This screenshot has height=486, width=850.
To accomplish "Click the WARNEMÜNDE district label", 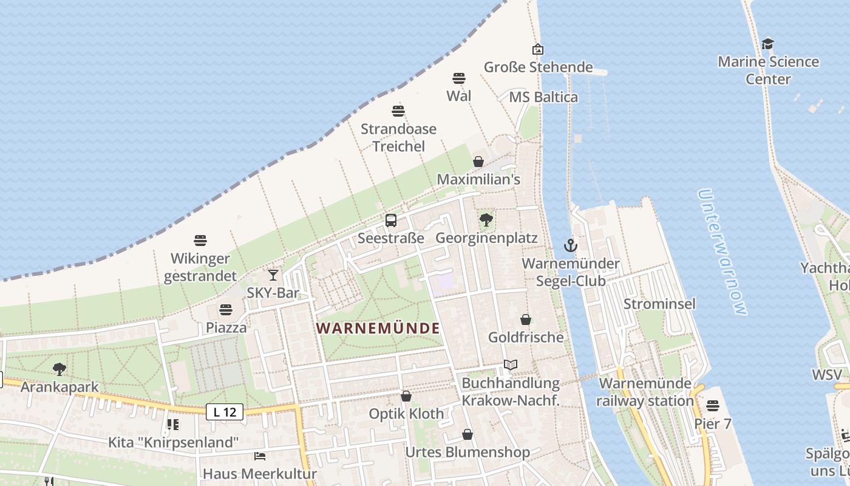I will (378, 329).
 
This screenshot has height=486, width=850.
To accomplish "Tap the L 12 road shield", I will (225, 412).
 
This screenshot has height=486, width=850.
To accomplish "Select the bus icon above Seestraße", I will (391, 221).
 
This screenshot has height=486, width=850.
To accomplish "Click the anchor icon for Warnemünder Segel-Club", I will (570, 245).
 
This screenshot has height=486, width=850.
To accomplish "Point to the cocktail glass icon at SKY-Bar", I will (273, 275).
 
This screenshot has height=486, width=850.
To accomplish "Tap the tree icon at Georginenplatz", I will (486, 220).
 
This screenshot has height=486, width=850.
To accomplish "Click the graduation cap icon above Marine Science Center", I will (768, 44).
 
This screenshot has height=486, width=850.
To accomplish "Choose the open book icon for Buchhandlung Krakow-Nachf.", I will (511, 365).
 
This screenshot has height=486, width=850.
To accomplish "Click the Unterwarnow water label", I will (721, 252).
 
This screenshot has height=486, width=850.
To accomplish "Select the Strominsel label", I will (659, 304).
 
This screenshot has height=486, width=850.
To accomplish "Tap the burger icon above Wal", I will (459, 78).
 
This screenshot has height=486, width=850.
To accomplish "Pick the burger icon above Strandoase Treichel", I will (398, 111).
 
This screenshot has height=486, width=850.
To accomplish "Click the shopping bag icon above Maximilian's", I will (478, 162).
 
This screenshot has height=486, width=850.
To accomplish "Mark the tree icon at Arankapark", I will (59, 369).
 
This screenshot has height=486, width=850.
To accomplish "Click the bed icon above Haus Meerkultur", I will (260, 456).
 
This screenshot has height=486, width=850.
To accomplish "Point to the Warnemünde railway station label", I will (645, 392).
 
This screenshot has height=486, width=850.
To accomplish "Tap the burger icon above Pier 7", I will (713, 405).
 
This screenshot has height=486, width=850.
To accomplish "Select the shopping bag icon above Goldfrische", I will (526, 320).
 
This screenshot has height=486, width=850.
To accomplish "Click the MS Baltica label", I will (543, 97).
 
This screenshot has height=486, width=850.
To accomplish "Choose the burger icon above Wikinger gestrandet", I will (200, 241).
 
